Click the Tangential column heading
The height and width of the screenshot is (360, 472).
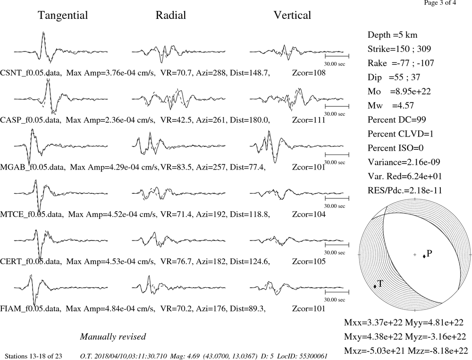pos(63,16)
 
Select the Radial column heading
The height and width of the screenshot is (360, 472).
pos(171,16)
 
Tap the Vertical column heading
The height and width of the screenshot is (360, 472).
pos(292,16)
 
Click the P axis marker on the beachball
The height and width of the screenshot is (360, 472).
pos(424,257)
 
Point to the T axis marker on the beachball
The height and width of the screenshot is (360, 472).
pos(375,286)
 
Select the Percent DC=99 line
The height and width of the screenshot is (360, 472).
pos(397,120)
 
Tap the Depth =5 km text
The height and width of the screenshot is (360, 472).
pos(393,35)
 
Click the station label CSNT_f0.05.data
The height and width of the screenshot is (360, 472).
pos(31,73)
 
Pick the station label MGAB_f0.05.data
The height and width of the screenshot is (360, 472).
pos(32,167)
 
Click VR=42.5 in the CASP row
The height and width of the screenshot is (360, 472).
pos(176,120)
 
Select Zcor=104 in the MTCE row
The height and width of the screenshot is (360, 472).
pos(309,214)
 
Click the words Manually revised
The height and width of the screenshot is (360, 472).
pos(113,337)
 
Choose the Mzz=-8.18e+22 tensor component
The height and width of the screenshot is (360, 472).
pos(438,351)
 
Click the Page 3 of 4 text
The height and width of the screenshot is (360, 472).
pos(440,3)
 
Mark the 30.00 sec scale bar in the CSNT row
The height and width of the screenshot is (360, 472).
pos(337,56)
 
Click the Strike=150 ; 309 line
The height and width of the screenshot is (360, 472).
pos(399,49)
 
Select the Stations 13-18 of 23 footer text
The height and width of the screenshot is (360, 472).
pos(34,356)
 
